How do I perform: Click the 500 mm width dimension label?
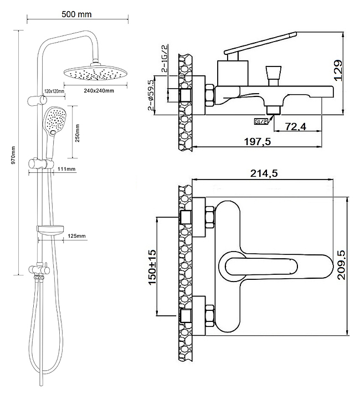point(77,13)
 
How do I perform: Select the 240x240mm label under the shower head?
point(100,90)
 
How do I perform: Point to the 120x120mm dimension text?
point(54,90)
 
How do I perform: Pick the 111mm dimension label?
point(66,168)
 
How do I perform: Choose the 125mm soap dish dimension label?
point(78,236)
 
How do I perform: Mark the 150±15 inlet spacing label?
point(152,268)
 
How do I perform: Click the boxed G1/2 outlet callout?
point(261,121)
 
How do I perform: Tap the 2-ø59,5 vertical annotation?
point(151,95)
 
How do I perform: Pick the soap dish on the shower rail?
point(51,229)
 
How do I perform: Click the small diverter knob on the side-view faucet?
point(272,74)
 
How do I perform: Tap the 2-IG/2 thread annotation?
point(164,60)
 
